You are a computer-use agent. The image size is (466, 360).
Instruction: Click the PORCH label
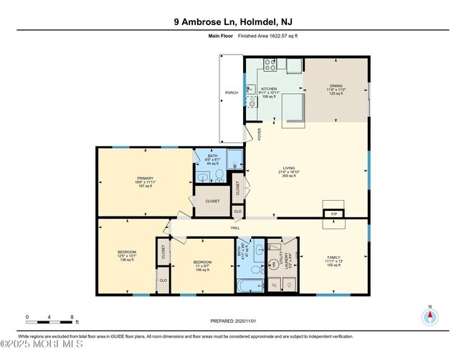coord(232,93)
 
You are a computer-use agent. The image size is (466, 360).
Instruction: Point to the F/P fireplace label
coord(333,214)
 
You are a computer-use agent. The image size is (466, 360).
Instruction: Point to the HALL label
coord(234,227)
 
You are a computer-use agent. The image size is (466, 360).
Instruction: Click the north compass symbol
coord(430,316)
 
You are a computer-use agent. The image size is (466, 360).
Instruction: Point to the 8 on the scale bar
coord(72,316)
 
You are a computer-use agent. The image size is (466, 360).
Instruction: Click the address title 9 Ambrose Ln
coord(233,22)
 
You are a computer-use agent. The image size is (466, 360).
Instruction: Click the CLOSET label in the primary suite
coord(212,202)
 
